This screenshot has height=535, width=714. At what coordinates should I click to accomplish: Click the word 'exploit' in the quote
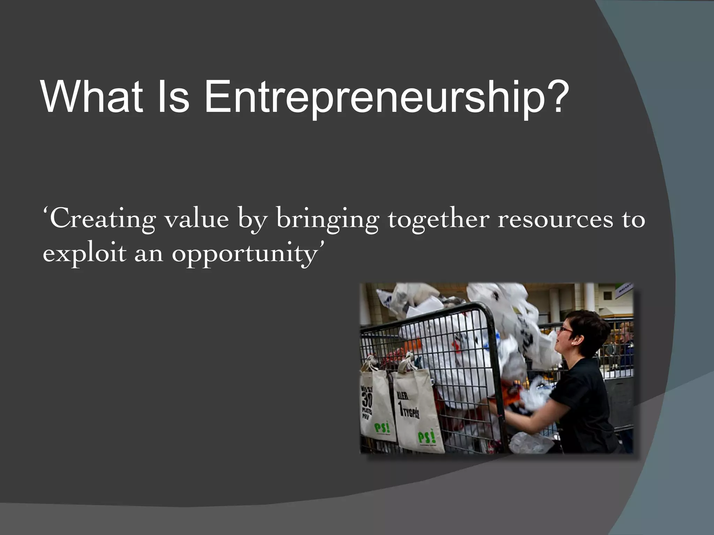[84, 254]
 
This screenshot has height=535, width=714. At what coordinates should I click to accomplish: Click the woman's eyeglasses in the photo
[565, 329]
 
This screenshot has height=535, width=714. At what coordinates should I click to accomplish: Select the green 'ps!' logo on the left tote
[382, 427]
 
